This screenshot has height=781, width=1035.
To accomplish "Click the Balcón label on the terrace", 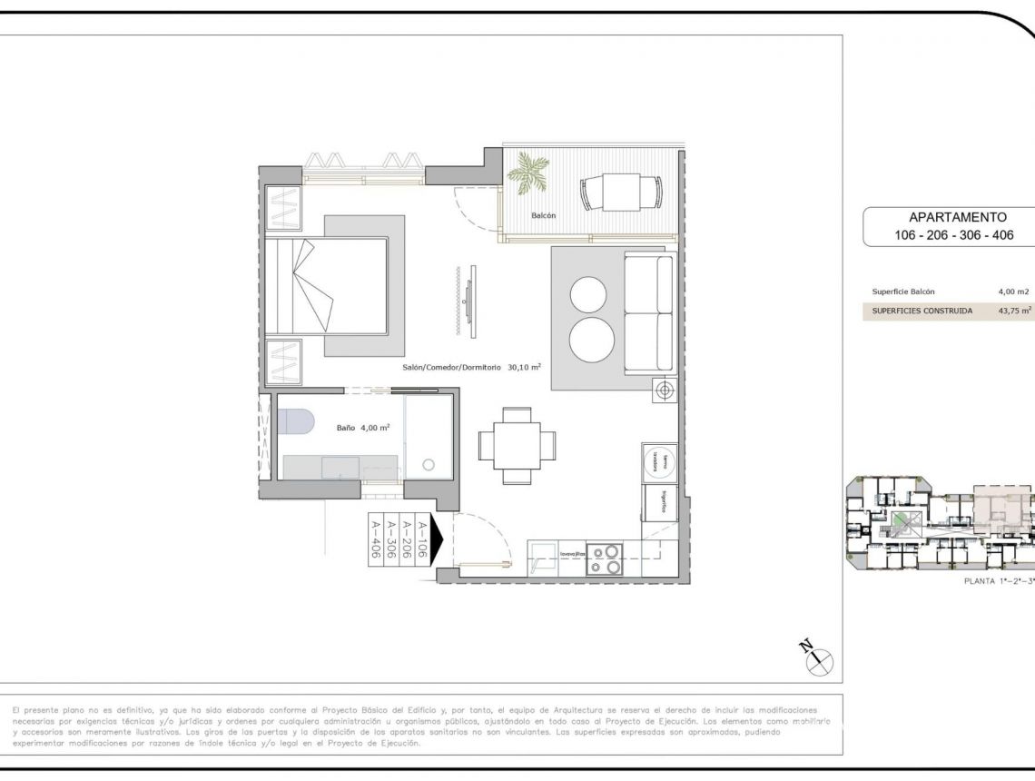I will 543,216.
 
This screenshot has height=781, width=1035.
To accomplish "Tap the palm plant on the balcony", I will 527,173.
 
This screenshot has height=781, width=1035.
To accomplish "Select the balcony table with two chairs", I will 621,192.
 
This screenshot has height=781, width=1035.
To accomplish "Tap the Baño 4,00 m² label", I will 363,427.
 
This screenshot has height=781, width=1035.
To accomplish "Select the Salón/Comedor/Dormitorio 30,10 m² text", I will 472,368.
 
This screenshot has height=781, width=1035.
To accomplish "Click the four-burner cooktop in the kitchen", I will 605,559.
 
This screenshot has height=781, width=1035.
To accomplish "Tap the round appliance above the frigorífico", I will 656,461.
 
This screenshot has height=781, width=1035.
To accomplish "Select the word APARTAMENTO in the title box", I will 958,217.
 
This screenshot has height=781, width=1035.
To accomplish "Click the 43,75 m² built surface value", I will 1013,311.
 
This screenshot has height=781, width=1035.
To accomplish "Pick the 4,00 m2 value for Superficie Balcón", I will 1013,292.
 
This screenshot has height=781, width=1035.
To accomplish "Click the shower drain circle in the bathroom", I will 429,464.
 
